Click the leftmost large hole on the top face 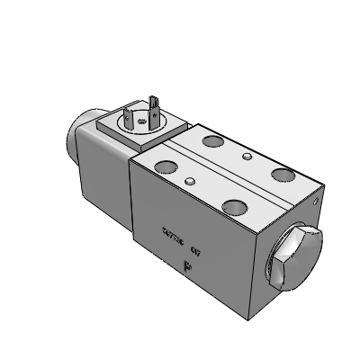click(167, 166)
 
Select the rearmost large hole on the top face click(215, 141)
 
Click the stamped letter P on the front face click(187, 265)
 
